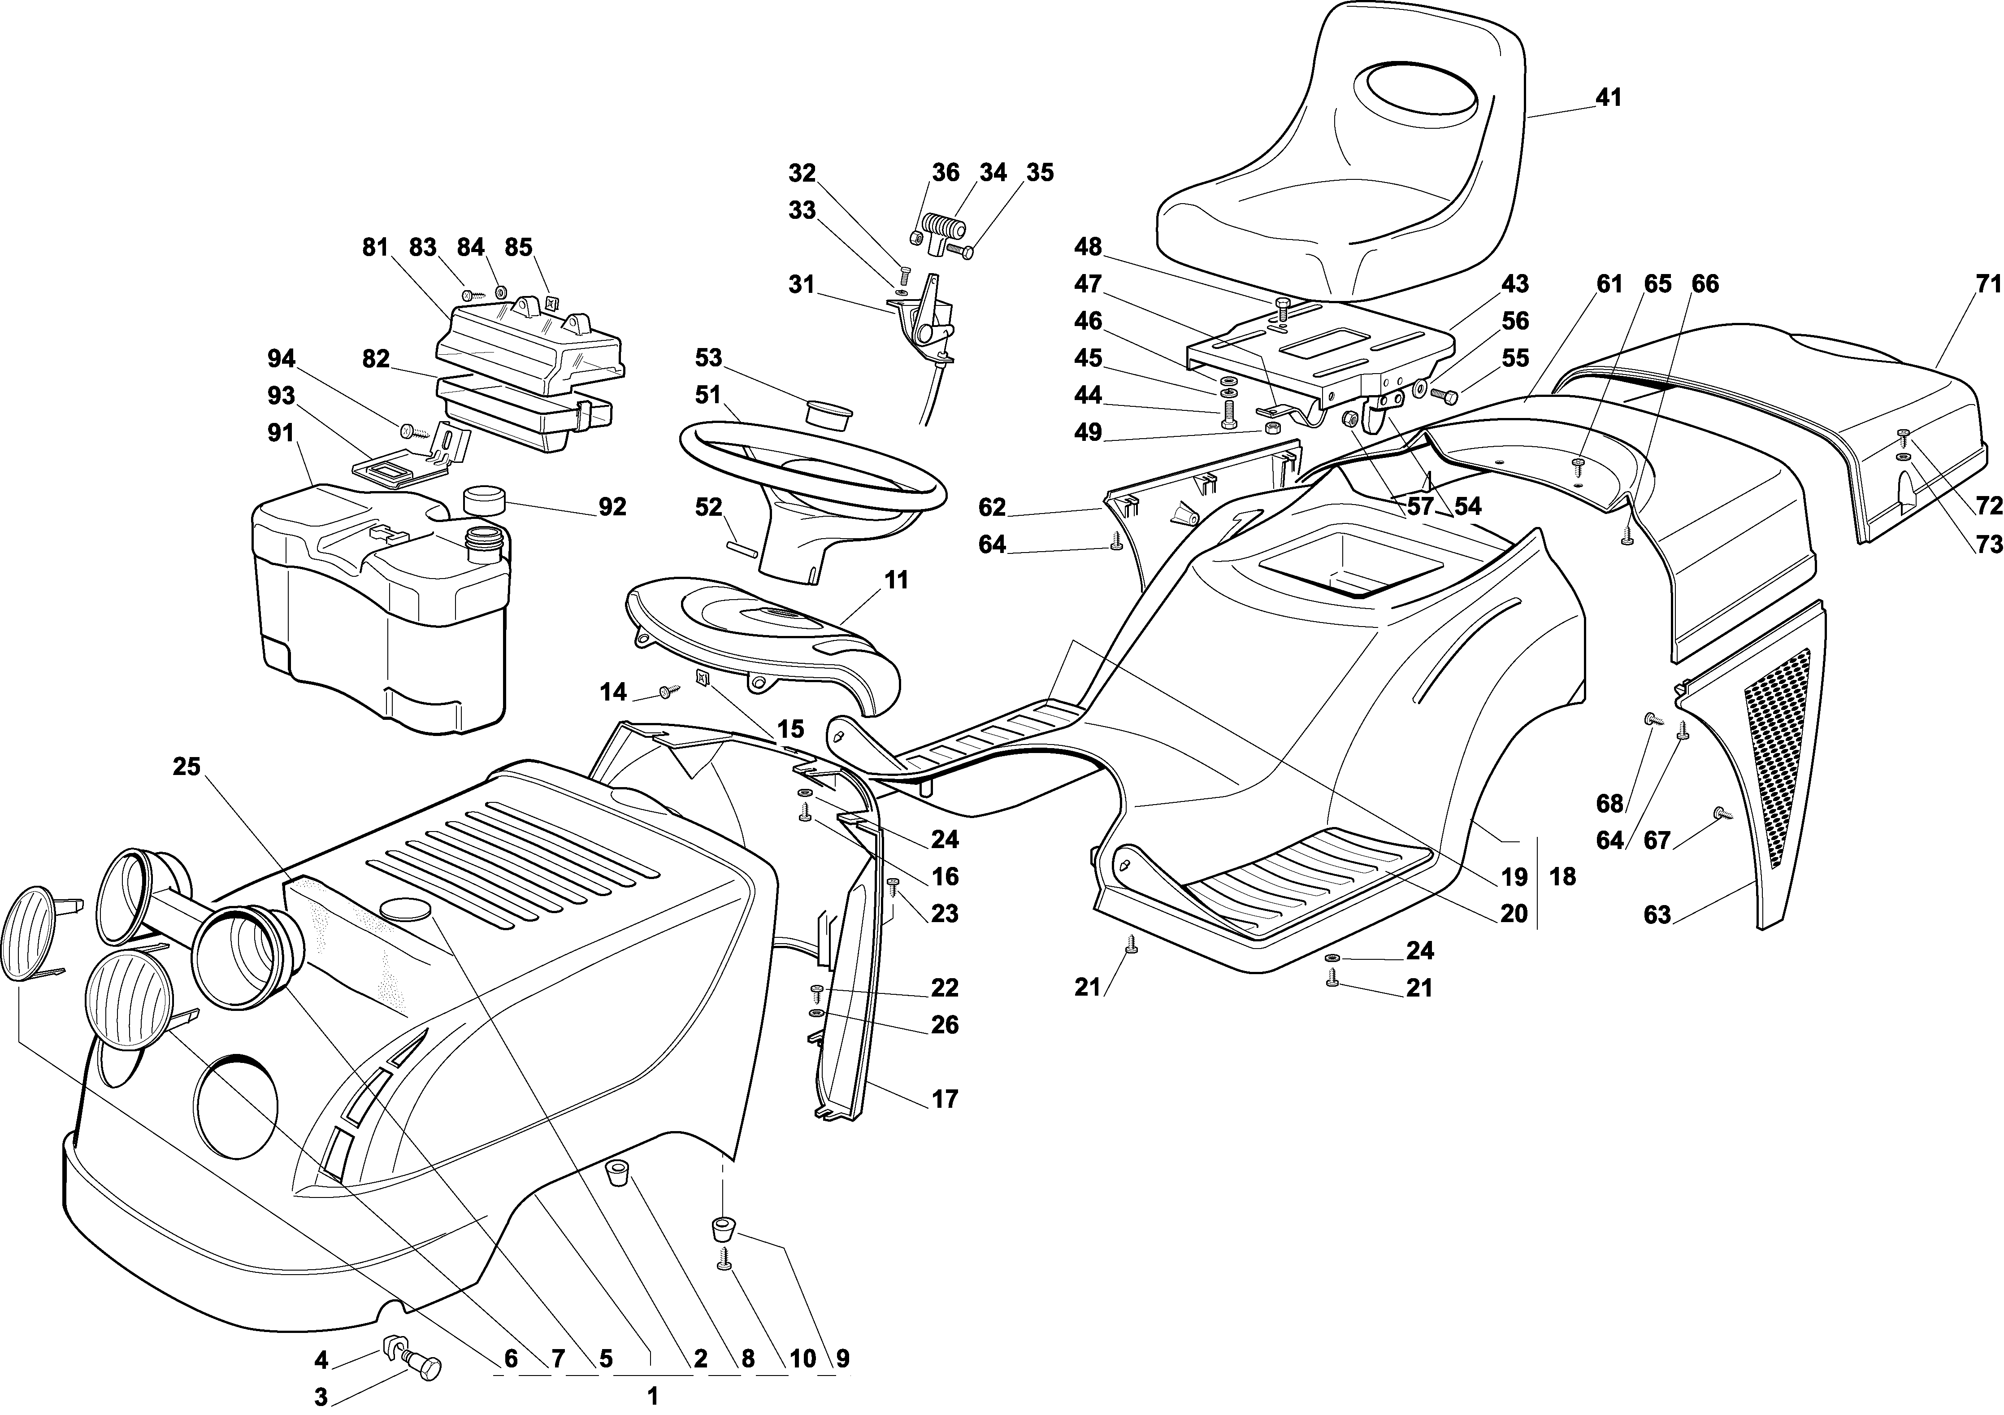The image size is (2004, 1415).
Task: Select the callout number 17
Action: tap(945, 1099)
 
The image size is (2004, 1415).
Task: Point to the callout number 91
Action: tap(281, 433)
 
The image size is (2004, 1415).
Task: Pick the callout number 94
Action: tap(281, 359)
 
